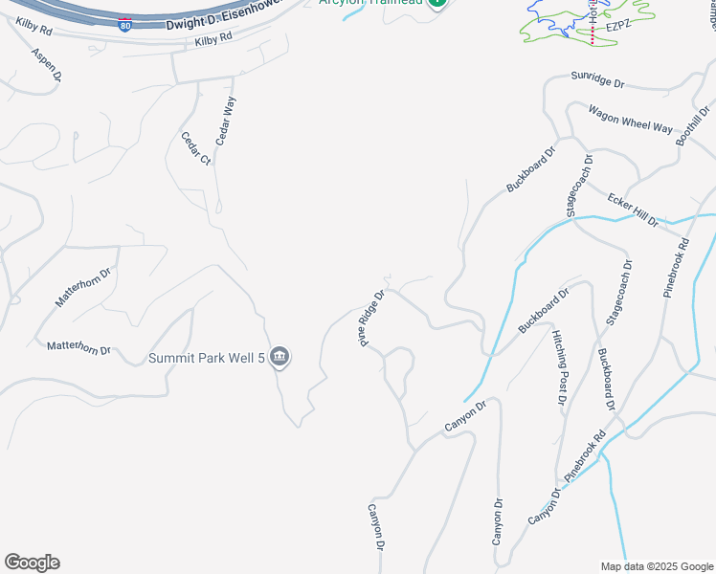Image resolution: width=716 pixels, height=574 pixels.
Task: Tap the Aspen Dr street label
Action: coord(47,63)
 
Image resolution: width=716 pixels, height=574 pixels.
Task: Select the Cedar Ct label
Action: coord(195,148)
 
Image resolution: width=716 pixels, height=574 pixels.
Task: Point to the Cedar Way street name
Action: coord(224,121)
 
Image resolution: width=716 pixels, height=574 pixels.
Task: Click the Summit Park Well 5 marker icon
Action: coord(280,358)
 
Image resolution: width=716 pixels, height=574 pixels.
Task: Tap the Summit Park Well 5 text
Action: coord(206,359)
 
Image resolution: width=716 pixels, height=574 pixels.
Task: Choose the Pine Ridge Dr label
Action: coord(372,319)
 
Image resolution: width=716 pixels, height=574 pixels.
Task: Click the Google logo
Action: coord(32,563)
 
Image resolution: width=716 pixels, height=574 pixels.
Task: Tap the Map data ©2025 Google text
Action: coord(657,566)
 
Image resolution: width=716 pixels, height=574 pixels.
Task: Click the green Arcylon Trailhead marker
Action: coord(436,2)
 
